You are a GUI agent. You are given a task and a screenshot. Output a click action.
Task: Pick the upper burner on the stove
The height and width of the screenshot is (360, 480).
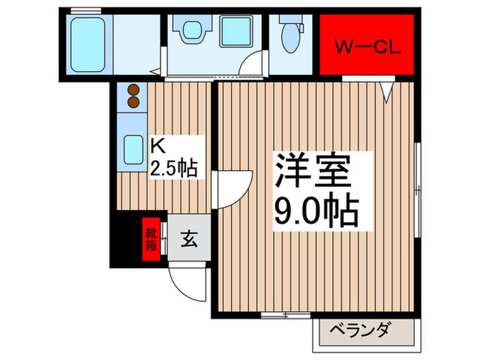click(132, 90)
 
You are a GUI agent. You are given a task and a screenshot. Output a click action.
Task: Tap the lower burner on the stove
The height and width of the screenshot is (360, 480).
click(132, 102)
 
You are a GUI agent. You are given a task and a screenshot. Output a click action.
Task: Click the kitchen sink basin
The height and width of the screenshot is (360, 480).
click(131, 147)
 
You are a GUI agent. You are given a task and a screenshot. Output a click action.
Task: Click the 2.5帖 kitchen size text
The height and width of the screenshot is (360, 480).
click(174, 167)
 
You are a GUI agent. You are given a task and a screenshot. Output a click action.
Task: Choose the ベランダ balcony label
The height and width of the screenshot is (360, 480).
click(363, 329)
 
